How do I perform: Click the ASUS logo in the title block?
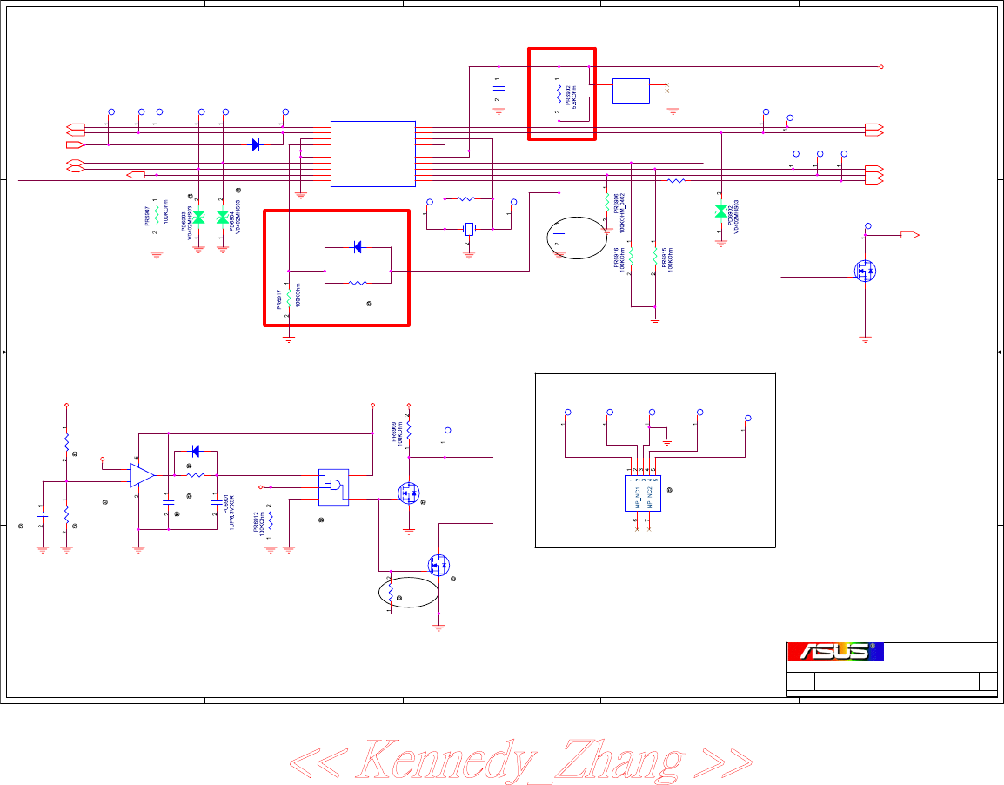(x=833, y=652)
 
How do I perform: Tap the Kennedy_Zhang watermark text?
(x=520, y=760)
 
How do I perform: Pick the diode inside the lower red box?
(x=357, y=248)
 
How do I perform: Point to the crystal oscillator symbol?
(x=469, y=229)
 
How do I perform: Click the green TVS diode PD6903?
(x=198, y=216)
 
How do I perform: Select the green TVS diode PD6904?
(x=223, y=216)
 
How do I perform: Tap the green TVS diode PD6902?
(x=720, y=211)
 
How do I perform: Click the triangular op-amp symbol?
(x=141, y=475)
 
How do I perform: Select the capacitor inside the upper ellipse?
(x=559, y=233)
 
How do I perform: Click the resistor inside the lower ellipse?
(x=392, y=593)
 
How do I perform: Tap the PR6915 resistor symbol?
(x=654, y=258)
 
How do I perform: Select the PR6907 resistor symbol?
(x=157, y=211)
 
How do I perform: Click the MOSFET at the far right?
(x=866, y=271)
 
